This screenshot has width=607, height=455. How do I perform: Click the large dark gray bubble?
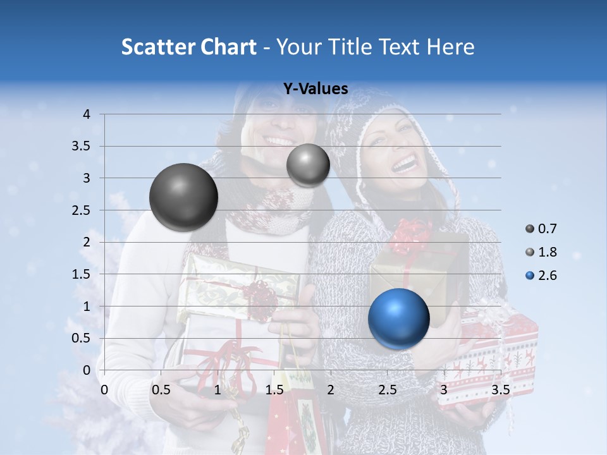click(x=183, y=197)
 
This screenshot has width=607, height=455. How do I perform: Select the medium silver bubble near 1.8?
click(x=308, y=165)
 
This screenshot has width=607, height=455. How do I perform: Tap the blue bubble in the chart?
click(x=398, y=318)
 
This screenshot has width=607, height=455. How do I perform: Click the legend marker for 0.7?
click(x=530, y=229)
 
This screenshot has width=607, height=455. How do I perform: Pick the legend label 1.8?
click(x=547, y=252)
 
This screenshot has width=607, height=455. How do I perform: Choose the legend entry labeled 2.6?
click(x=547, y=276)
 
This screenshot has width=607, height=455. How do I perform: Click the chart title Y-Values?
click(x=315, y=89)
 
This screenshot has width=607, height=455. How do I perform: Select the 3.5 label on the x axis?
click(x=500, y=390)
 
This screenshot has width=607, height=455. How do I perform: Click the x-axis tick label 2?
click(x=330, y=390)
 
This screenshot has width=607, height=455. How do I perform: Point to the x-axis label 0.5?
click(x=161, y=390)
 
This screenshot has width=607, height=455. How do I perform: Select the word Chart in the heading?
click(x=228, y=47)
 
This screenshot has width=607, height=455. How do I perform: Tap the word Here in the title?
click(x=450, y=47)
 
